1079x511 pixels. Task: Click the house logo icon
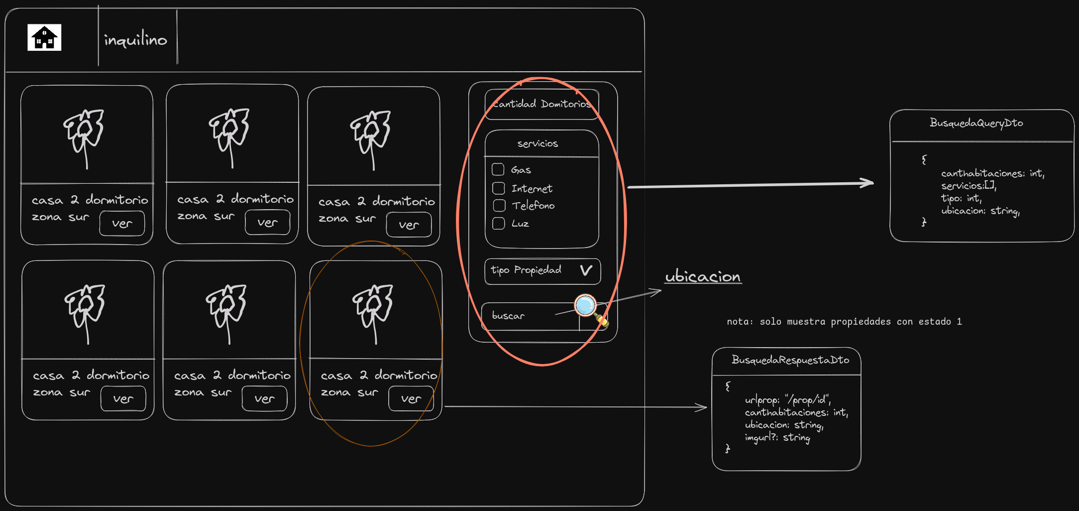44,37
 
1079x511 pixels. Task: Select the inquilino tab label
135,39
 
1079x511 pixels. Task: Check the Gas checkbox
498,169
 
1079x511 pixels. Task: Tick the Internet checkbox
499,188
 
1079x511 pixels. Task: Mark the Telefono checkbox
499,206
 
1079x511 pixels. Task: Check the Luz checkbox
499,223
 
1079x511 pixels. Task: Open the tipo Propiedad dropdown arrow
586,270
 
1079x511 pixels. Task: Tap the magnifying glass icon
586,305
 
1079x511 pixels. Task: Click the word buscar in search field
508,316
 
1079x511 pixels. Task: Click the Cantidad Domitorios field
541,104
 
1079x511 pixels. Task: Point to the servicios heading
538,144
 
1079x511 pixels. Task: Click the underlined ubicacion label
703,276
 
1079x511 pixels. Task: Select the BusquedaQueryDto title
976,123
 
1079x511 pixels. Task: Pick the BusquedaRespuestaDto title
790,360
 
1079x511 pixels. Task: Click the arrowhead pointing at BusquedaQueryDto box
868,183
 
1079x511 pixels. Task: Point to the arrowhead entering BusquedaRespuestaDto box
702,407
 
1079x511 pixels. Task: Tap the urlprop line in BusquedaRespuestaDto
787,400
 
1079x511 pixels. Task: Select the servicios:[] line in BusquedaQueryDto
968,186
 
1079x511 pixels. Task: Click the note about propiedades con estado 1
844,322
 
